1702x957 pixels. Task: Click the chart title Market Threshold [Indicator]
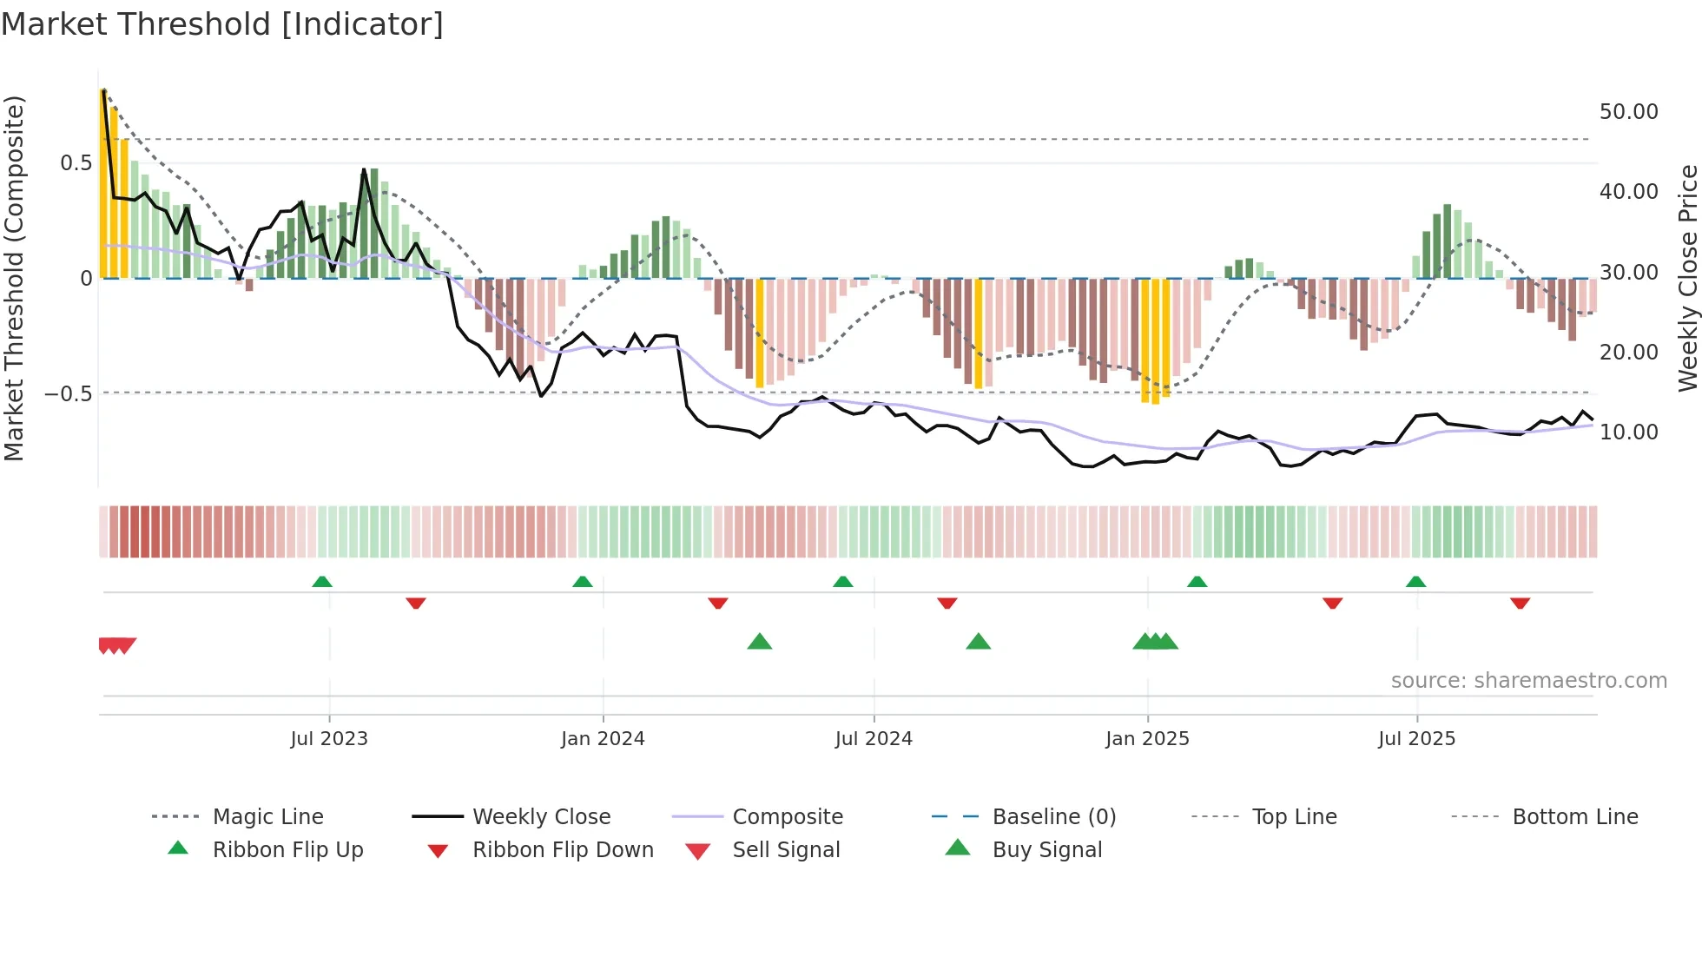coord(222,24)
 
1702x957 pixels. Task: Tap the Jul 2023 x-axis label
coord(329,739)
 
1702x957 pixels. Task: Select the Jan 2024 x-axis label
coord(603,739)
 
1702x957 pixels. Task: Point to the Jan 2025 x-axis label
coord(1147,739)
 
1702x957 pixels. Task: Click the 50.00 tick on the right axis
coord(1628,112)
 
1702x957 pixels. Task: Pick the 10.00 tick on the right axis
coord(1628,432)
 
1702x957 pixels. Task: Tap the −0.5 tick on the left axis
coord(68,394)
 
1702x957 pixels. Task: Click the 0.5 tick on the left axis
coord(76,163)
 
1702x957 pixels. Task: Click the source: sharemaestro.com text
coord(1528,681)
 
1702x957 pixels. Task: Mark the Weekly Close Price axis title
coord(1687,278)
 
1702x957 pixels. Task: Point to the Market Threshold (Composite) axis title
coord(14,278)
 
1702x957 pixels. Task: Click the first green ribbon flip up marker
coord(322,581)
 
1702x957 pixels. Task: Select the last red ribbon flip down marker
coord(1520,603)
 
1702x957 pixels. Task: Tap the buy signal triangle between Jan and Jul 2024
coord(760,642)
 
